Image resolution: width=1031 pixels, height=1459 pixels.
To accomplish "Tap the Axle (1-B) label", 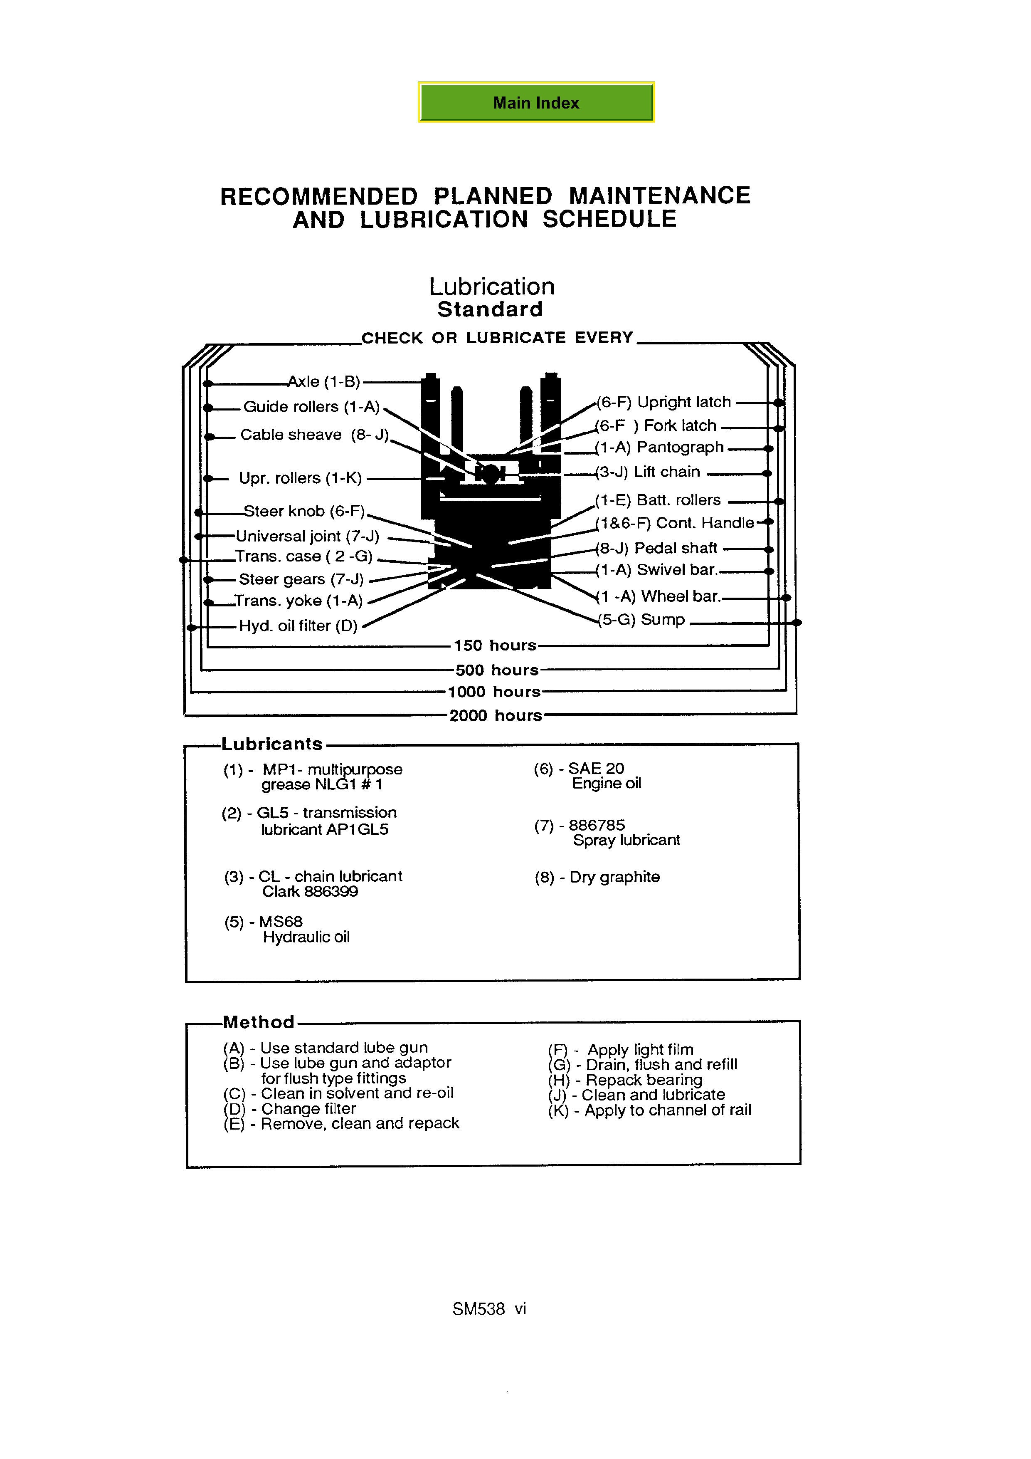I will coord(323,382).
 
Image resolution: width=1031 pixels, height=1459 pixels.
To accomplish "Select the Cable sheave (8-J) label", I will coord(314,435).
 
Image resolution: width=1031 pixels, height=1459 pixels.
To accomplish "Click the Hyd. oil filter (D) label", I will coord(298,626).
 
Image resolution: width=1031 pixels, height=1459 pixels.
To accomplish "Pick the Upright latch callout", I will coord(664,402).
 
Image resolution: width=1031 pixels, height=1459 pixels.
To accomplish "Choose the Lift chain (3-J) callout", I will coord(648,472).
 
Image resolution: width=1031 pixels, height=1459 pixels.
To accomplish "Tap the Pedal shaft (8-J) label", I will coord(657,549).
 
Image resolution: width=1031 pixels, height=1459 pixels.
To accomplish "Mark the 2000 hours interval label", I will coord(496,715).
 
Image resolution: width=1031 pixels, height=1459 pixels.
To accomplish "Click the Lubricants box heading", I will coord(272,744).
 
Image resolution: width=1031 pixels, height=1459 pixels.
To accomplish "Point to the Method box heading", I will coord(259,1022).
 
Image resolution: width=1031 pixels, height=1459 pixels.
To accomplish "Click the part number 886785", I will coord(597,825).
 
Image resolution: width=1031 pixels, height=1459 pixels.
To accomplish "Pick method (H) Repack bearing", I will coord(625,1080).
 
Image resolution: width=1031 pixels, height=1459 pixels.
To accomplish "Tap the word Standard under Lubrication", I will coord(491,309).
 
